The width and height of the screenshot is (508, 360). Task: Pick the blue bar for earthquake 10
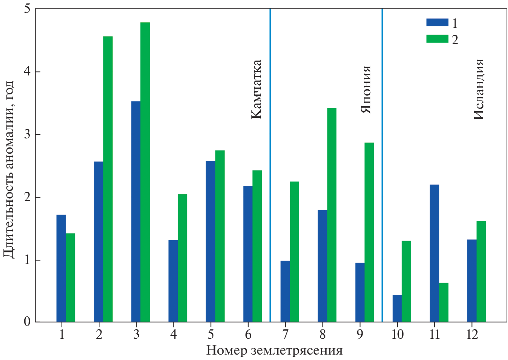397,308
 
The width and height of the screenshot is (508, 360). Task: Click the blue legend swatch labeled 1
437,22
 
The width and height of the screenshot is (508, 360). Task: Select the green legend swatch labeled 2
437,39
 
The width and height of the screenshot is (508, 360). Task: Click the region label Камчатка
256,89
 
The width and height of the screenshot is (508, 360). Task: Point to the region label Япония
366,90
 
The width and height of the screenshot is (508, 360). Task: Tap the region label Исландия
479,89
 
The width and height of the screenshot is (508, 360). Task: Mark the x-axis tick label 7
285,335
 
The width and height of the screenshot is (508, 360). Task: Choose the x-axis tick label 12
472,335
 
